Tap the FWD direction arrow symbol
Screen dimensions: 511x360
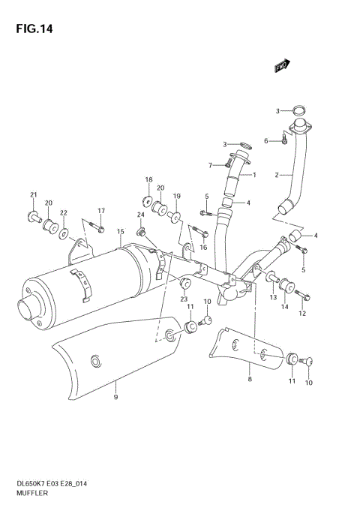pos(282,67)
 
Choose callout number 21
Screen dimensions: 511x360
pos(33,196)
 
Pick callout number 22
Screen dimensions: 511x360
pos(64,213)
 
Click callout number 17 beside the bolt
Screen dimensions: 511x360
pos(101,211)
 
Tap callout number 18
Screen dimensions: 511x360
pos(148,180)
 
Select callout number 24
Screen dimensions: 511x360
pos(139,215)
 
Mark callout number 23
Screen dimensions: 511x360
pos(182,299)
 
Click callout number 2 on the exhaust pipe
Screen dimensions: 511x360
pos(277,176)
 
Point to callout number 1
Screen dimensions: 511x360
pos(254,176)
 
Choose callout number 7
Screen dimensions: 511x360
pos(211,165)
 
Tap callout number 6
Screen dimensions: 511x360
pos(265,141)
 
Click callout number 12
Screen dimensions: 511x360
pos(303,314)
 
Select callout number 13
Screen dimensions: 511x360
pos(274,298)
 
